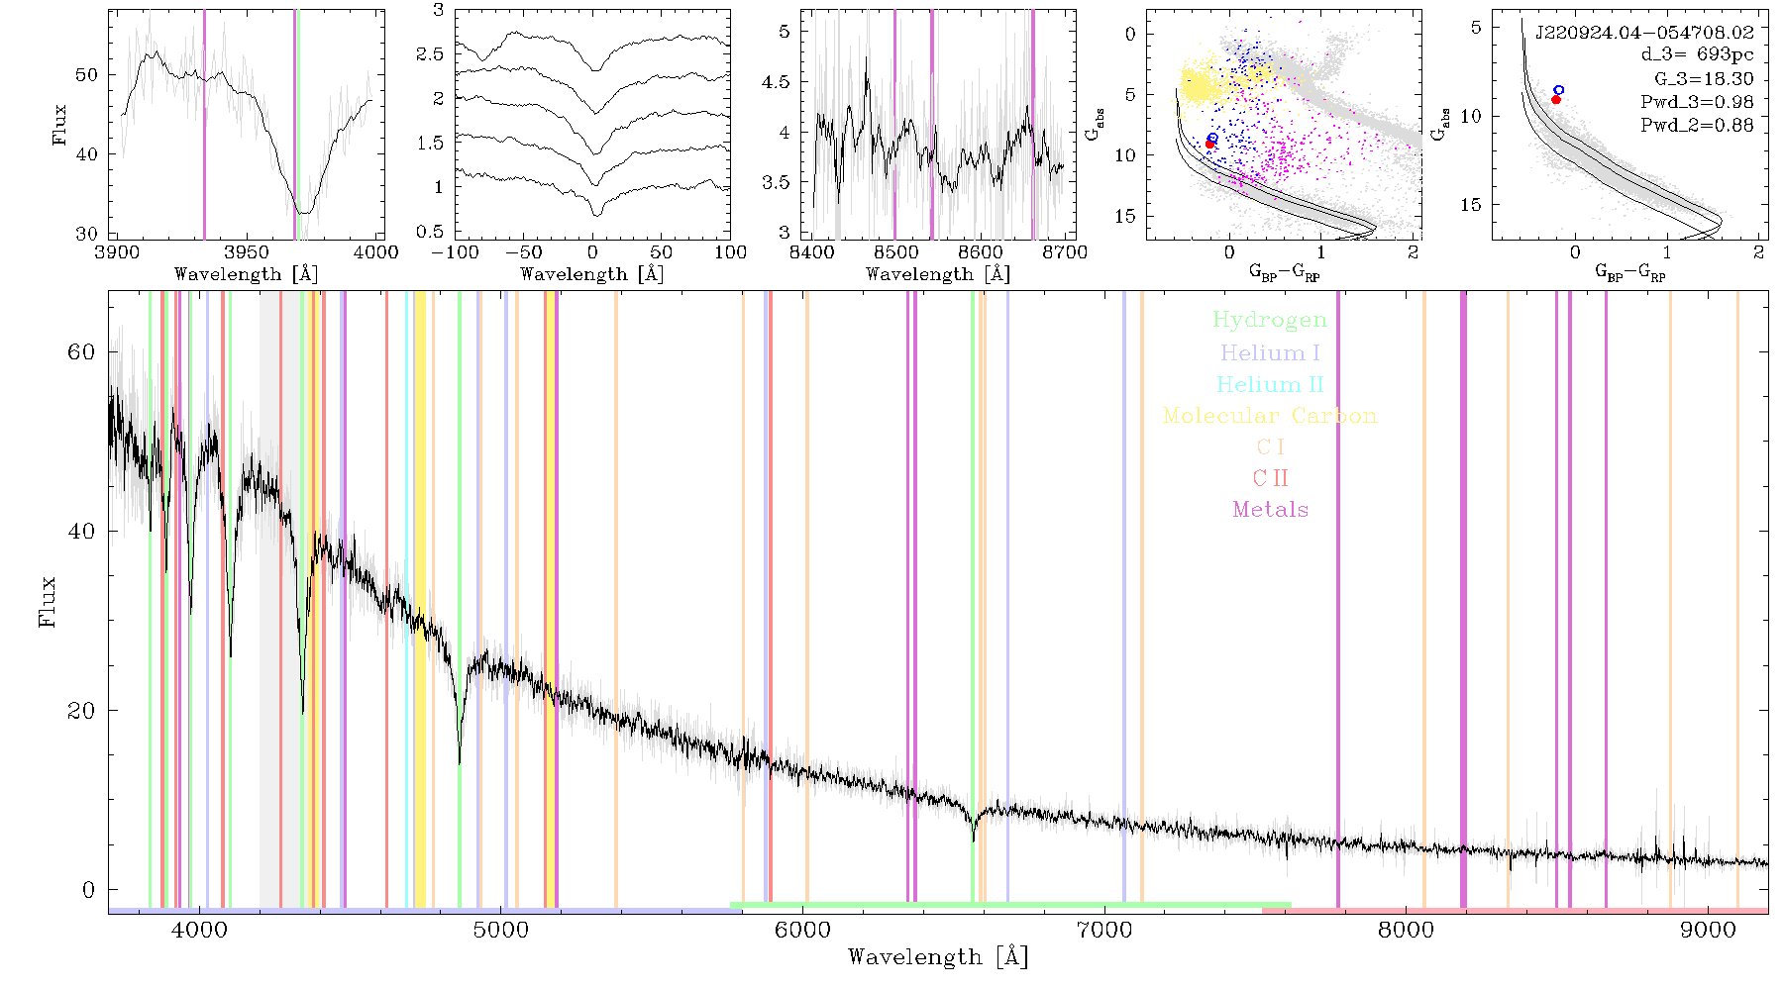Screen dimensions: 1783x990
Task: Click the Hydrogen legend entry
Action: (x=1269, y=320)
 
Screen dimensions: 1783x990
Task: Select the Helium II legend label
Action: (x=1270, y=384)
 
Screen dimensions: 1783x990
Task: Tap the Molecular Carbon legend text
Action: (x=1270, y=416)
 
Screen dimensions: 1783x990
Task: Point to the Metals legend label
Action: (x=1271, y=509)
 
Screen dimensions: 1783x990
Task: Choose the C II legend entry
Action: (x=1270, y=478)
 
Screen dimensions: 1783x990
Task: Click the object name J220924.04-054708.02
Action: (x=1644, y=33)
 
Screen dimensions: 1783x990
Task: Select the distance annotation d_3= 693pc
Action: (x=1697, y=54)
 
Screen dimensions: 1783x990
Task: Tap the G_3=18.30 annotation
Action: (x=1704, y=79)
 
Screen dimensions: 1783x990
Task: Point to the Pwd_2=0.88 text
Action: (x=1697, y=125)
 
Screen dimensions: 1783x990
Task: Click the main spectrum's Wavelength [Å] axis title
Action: (x=938, y=957)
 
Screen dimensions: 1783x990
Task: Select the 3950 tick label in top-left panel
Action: (x=247, y=252)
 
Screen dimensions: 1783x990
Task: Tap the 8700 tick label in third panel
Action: (x=1066, y=252)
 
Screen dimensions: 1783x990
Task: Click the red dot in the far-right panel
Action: (x=1556, y=99)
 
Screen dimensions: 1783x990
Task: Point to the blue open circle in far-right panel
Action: (x=1559, y=90)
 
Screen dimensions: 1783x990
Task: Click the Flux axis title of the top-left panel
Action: (x=60, y=125)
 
